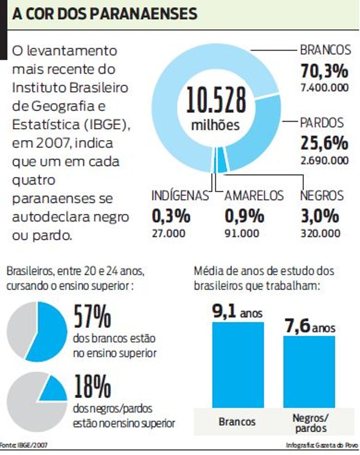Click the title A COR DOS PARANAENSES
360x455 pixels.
coord(104,14)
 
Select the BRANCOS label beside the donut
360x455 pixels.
coord(325,50)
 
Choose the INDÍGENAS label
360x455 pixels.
coord(180,196)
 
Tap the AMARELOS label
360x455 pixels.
coord(254,196)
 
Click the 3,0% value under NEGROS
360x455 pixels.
coord(320,216)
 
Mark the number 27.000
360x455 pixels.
coord(169,233)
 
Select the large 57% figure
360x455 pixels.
coord(92,317)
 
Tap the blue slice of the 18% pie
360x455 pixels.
coord(53,388)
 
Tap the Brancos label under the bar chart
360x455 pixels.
coord(237,422)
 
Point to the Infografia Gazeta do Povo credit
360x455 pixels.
coord(322,445)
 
